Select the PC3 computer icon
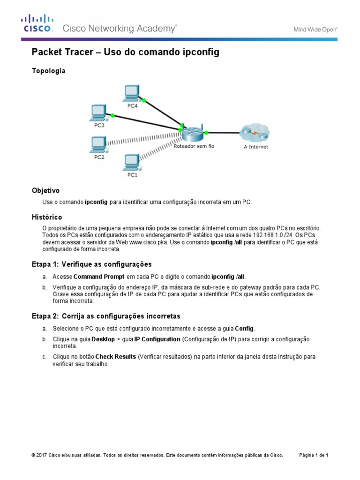[x=98, y=113]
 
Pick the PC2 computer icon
[x=98, y=144]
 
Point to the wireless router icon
[x=193, y=134]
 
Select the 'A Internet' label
[x=255, y=147]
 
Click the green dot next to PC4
[x=144, y=100]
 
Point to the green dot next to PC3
[x=112, y=115]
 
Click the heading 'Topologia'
[x=48, y=71]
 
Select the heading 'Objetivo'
[x=45, y=191]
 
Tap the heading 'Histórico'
[x=46, y=217]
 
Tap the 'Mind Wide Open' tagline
[x=315, y=29]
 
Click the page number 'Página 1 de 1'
[x=314, y=455]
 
